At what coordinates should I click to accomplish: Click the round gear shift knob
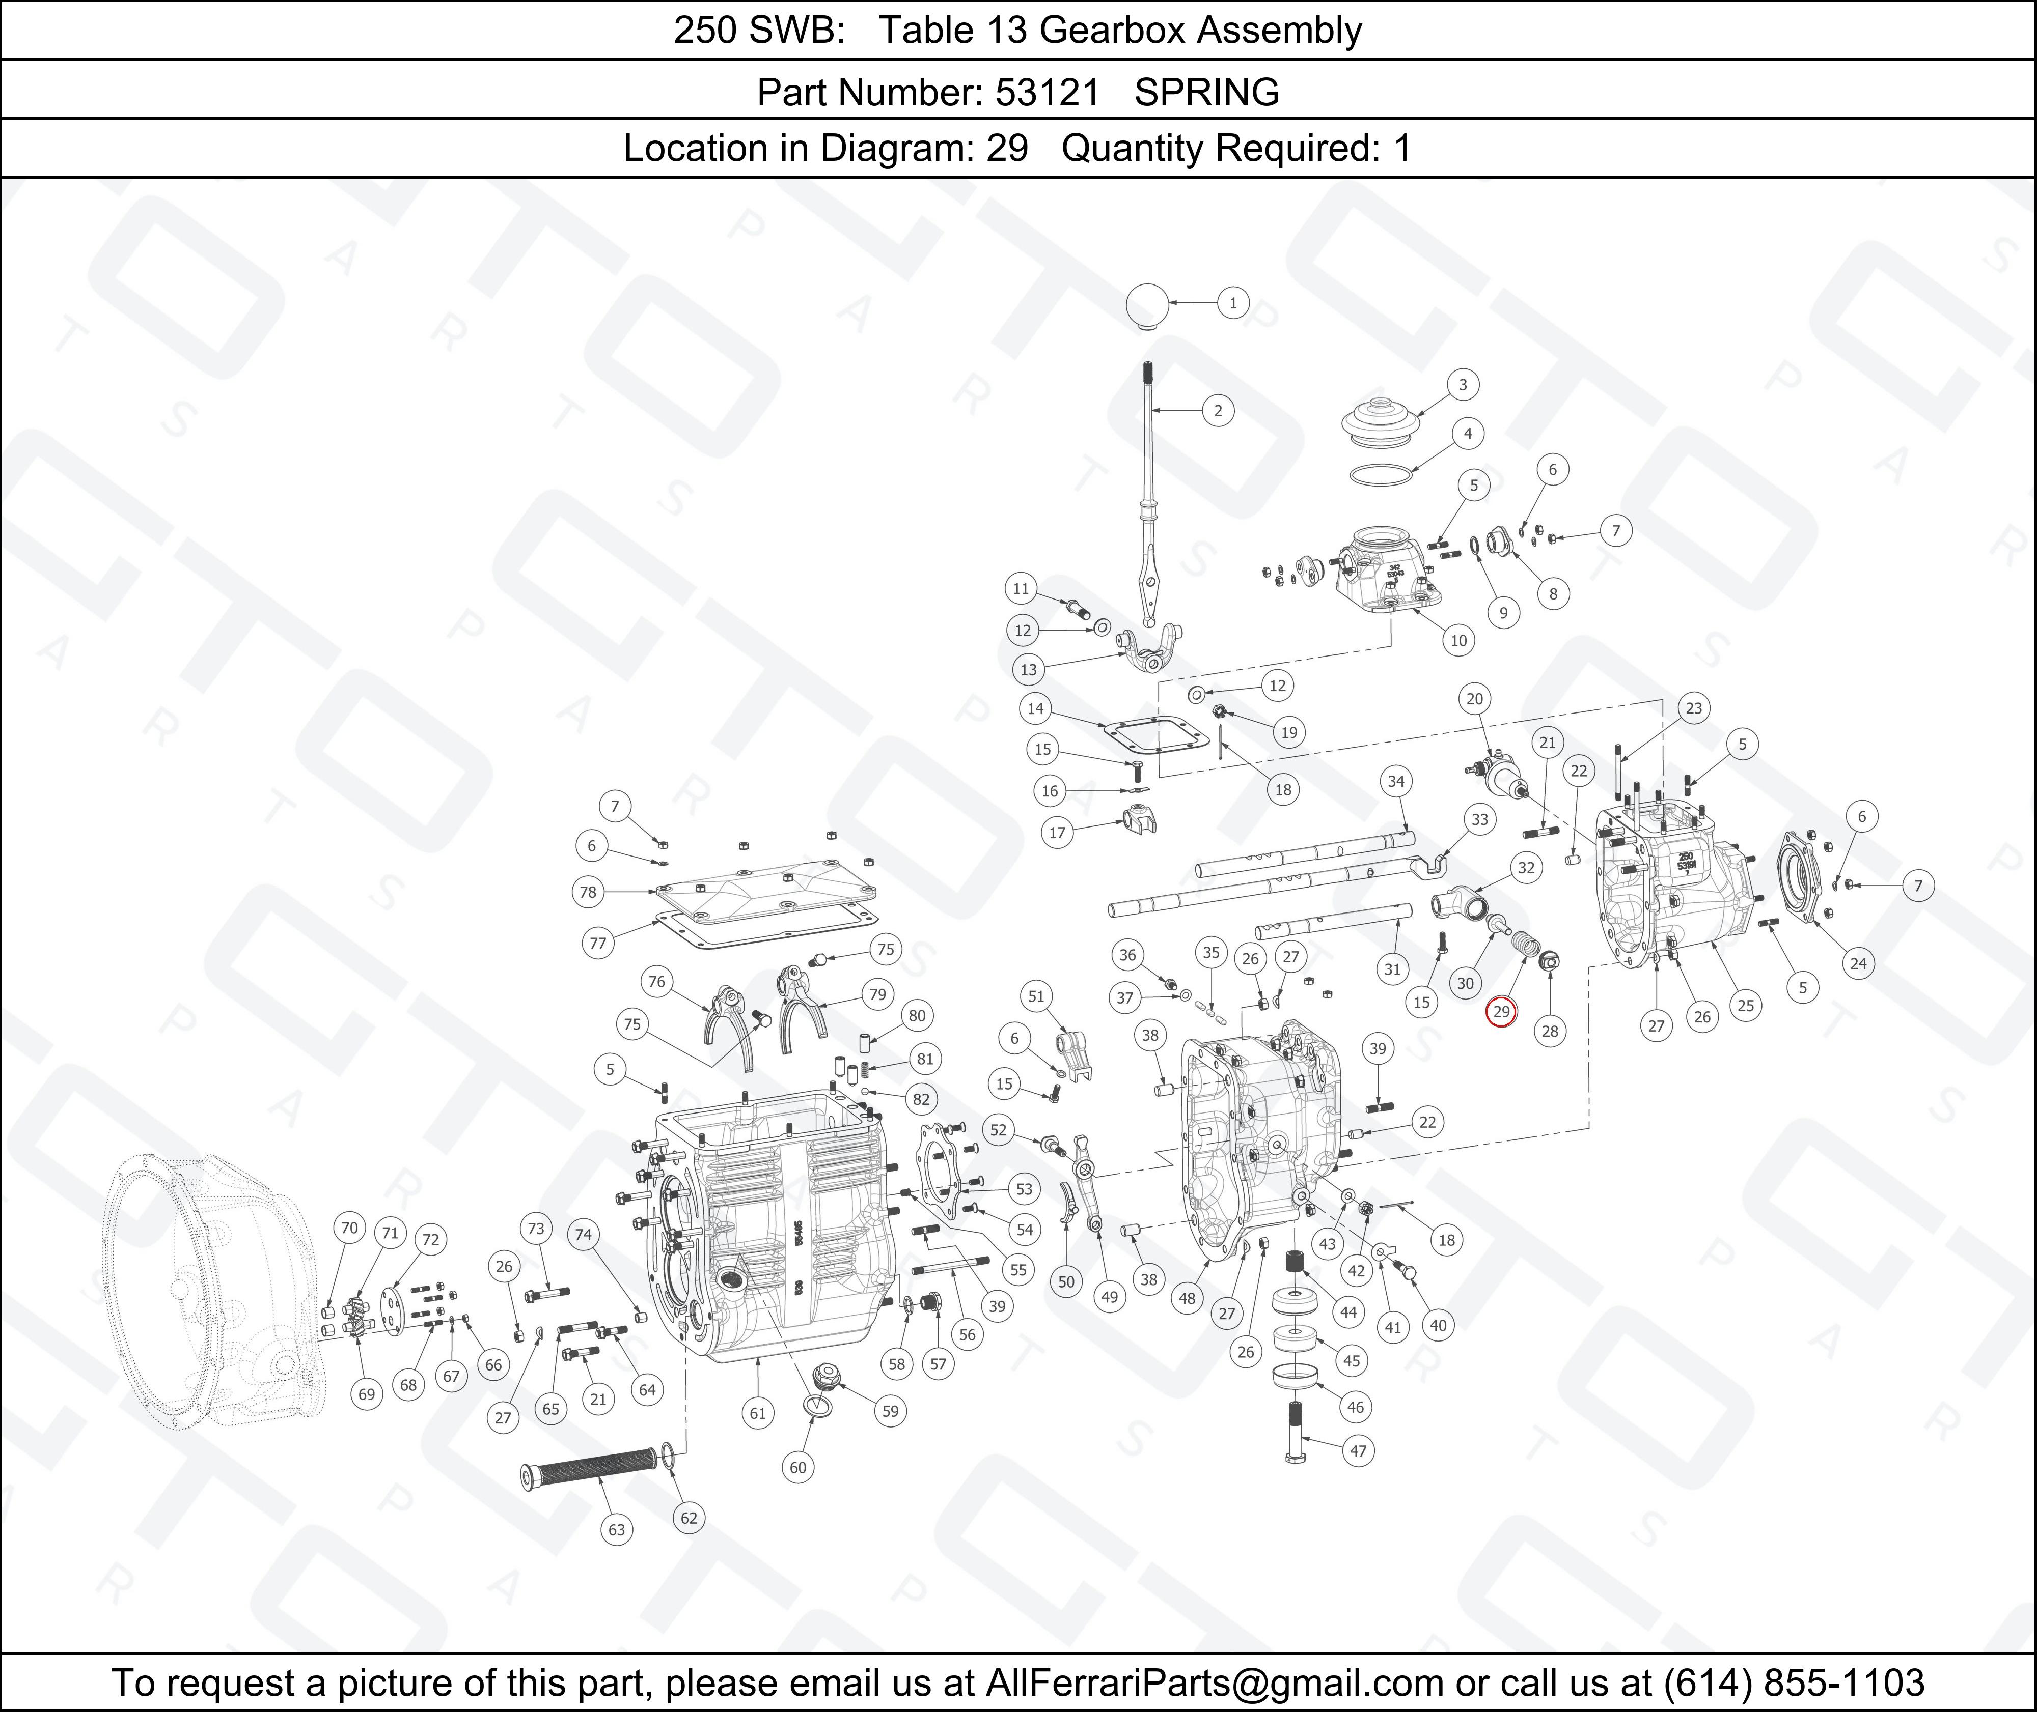pyautogui.click(x=1148, y=306)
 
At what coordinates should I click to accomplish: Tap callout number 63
pyautogui.click(x=617, y=1529)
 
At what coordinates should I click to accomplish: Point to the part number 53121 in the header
pyautogui.click(x=1048, y=92)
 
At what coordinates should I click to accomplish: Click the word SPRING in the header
pyautogui.click(x=1207, y=92)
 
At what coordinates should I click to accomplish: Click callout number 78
pyautogui.click(x=588, y=892)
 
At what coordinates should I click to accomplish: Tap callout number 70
pyautogui.click(x=349, y=1228)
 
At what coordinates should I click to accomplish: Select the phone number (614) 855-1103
pyautogui.click(x=1793, y=1682)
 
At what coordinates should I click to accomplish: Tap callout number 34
pyautogui.click(x=1396, y=781)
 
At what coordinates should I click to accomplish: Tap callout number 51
pyautogui.click(x=1036, y=996)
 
